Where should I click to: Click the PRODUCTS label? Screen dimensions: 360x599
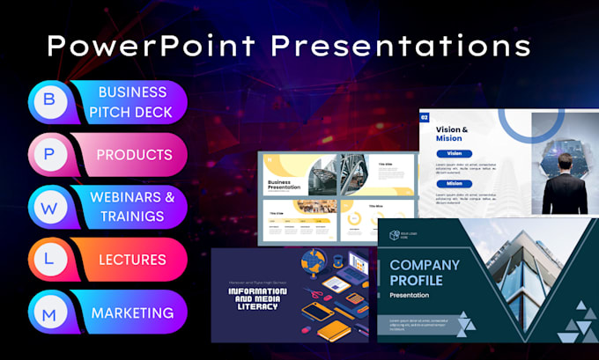pos(134,155)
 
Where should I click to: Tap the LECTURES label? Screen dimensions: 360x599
pos(132,260)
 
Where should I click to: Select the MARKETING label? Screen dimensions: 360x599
pos(132,312)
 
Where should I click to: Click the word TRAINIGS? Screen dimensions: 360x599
pos(132,216)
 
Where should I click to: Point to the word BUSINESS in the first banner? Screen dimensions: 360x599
pos(132,92)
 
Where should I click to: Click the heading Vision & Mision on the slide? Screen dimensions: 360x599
pos(452,135)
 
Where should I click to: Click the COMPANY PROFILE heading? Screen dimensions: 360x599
pos(425,272)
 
